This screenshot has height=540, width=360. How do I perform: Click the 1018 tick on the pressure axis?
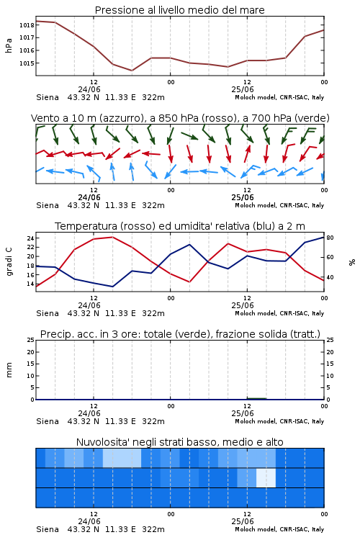click(x=27, y=25)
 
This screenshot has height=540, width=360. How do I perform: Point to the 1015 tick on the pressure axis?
click(x=27, y=63)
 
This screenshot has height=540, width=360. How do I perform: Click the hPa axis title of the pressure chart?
click(x=9, y=45)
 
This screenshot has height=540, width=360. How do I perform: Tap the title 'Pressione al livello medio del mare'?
click(x=180, y=10)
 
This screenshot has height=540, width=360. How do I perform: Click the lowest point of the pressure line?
click(x=132, y=71)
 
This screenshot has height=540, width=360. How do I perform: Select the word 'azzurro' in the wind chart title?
click(x=121, y=118)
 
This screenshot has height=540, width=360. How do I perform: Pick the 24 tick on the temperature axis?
click(x=30, y=238)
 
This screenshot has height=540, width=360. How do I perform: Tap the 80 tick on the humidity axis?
click(x=330, y=238)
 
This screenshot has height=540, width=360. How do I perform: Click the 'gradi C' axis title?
click(x=9, y=262)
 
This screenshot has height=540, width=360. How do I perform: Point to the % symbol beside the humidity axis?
click(x=352, y=262)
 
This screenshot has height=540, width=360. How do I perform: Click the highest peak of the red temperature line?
click(x=112, y=237)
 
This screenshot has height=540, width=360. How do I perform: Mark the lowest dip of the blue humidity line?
click(x=112, y=287)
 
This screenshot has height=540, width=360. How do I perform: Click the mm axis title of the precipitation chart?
click(x=9, y=370)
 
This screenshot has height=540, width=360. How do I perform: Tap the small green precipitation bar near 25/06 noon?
click(x=256, y=398)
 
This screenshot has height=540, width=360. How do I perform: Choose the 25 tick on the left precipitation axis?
click(x=31, y=340)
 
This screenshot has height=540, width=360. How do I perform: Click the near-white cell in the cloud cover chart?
click(x=266, y=477)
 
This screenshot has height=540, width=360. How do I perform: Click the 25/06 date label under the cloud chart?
click(x=243, y=521)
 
